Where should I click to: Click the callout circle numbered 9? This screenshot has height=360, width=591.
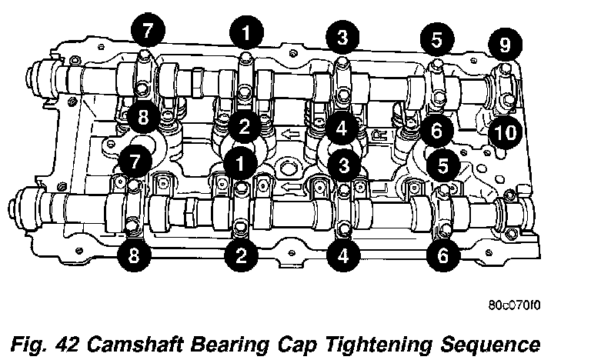[x=505, y=44]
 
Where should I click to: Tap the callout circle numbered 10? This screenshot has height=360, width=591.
[x=505, y=132]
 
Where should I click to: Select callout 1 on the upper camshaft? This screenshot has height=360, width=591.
[x=245, y=33]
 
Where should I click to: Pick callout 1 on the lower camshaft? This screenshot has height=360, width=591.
[x=240, y=164]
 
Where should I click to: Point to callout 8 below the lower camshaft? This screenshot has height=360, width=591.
[x=134, y=255]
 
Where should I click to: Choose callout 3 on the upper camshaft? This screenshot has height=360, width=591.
[x=342, y=37]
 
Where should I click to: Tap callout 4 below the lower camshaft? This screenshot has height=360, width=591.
[x=343, y=255]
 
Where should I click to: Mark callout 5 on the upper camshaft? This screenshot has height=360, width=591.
[x=437, y=39]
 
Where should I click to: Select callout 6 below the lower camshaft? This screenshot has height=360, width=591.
[x=443, y=255]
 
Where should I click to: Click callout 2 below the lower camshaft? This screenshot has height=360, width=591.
[x=241, y=255]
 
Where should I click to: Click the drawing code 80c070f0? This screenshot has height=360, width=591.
[x=514, y=305]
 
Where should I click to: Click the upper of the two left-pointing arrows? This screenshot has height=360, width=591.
[x=290, y=133]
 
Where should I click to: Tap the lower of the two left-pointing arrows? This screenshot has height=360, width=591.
[x=292, y=187]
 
